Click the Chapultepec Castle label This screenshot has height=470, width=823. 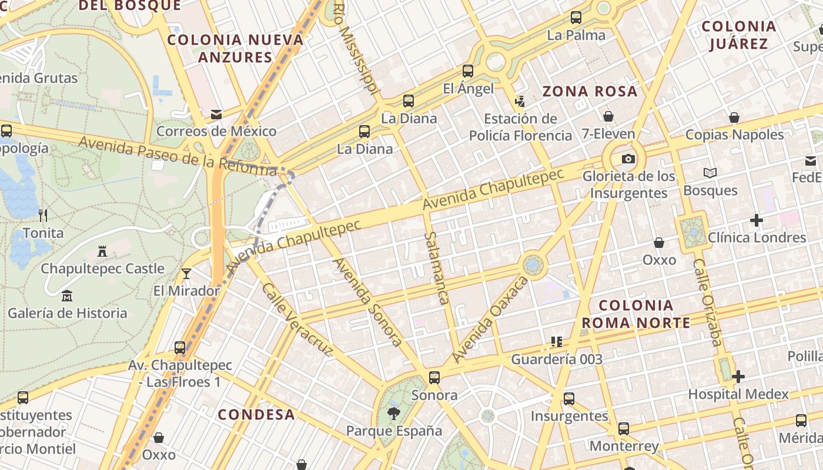coord(102,268)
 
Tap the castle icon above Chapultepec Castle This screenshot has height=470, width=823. coord(102,251)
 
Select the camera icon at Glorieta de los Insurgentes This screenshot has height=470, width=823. coord(628,159)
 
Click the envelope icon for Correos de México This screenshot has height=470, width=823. coord(216,114)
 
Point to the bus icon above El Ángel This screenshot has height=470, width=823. coord(468,71)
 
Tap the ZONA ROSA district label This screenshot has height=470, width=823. coord(589,91)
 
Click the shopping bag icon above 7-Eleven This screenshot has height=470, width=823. coord(608,116)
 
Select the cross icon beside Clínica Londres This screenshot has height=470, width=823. coord(757,221)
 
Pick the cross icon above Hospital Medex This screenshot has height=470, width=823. coord(738,377)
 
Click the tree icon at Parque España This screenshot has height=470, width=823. coord(393,414)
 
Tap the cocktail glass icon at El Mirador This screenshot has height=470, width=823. coord(186,274)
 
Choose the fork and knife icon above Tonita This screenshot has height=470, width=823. coord(43,215)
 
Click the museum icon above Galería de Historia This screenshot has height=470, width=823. coord(67,296)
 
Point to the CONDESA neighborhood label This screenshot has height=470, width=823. coord(256,414)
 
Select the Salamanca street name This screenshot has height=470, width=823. coord(436,267)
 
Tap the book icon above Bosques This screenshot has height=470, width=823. coord(710,173)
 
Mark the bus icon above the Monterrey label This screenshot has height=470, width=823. coord(624,429)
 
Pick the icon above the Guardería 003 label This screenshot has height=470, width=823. coord(557,342)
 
